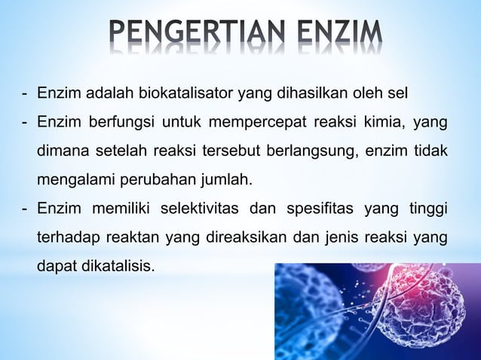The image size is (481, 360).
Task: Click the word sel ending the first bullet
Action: [398, 93]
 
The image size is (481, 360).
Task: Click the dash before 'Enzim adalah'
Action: [25, 93]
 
